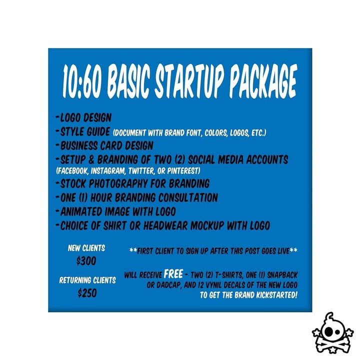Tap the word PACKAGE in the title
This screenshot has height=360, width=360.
point(263,81)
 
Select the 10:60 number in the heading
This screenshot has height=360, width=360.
point(81,81)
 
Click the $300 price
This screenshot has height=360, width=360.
point(86,261)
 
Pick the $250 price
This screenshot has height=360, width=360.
point(87,293)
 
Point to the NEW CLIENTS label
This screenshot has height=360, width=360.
point(86,248)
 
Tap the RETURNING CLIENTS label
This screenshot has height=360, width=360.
point(87,280)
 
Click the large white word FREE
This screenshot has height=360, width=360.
point(173,274)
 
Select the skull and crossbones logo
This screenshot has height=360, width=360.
point(332,332)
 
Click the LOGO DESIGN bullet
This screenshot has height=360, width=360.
point(83,117)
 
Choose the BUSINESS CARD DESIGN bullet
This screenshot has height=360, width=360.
point(104,145)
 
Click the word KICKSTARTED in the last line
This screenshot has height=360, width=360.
point(277,295)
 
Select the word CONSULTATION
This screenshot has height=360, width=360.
point(188,197)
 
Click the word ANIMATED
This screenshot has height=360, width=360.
point(81,211)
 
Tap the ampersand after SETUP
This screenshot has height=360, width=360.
point(91,160)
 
